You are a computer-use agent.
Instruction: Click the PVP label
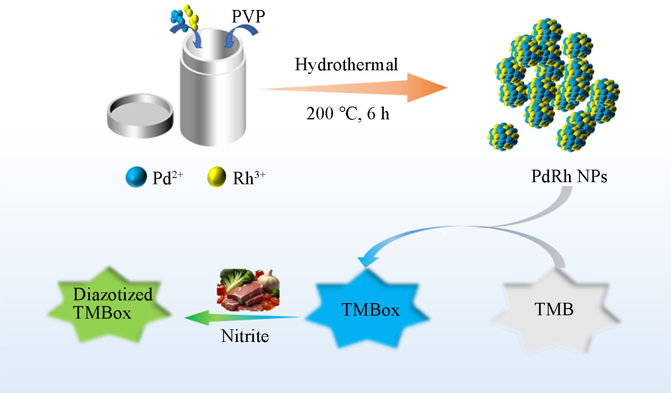pos(248,17)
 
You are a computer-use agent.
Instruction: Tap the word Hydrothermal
pos(346,65)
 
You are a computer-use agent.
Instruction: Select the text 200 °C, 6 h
pos(348,114)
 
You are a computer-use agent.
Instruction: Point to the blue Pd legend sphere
pos(136,177)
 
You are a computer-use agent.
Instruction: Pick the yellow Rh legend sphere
pos(216,177)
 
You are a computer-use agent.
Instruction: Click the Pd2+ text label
pos(168,178)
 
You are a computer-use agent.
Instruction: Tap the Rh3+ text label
pos(249,178)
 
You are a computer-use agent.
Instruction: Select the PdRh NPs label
pos(569,176)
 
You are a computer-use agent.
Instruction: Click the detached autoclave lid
pos(140,115)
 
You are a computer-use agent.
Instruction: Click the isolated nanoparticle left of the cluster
pos(503,136)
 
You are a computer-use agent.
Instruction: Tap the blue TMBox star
pos(368,310)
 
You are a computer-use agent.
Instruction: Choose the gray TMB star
pos(554,310)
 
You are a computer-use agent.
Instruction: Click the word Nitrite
pos(245,336)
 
